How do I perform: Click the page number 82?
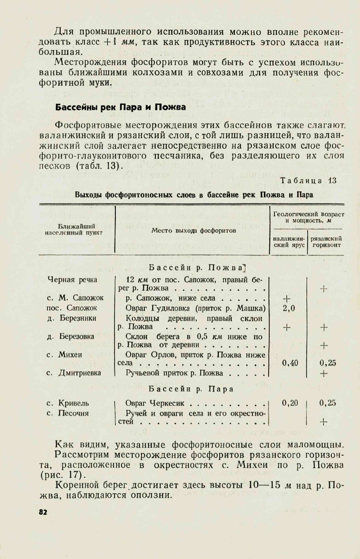click(x=43, y=512)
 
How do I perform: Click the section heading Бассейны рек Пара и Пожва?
click(x=120, y=107)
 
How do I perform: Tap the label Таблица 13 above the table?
click(x=308, y=181)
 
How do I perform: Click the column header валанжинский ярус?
click(x=289, y=242)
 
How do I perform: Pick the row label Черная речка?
click(x=72, y=280)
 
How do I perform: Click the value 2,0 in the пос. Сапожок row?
click(x=289, y=308)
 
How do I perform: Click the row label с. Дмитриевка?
click(x=74, y=373)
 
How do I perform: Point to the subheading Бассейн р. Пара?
click(x=191, y=389)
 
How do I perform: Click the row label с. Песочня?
click(x=68, y=413)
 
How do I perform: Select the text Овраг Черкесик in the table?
click(x=155, y=403)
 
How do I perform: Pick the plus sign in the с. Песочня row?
click(x=323, y=422)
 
